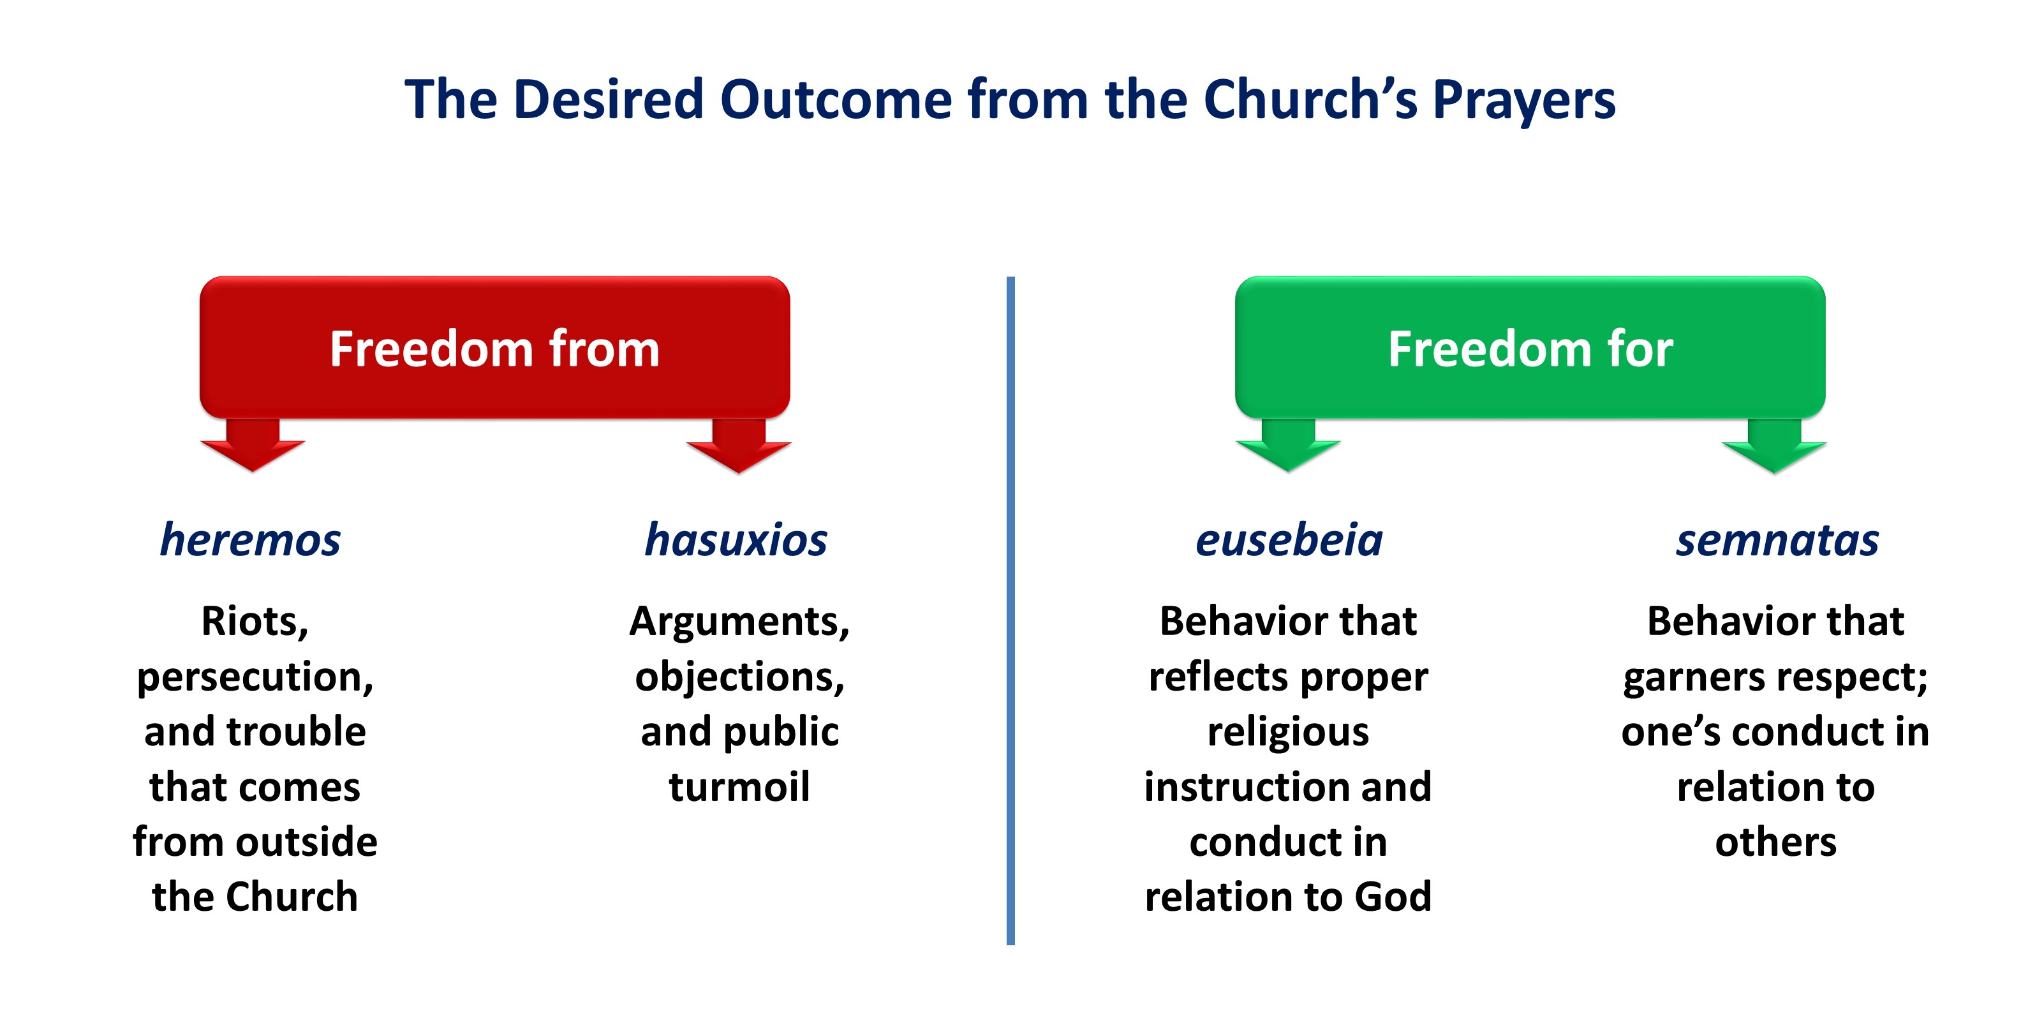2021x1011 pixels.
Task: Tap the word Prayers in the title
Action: click(x=1525, y=102)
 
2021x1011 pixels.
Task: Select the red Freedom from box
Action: click(x=494, y=347)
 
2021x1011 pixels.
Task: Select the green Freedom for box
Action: click(x=1530, y=347)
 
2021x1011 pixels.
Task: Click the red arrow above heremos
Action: click(x=252, y=445)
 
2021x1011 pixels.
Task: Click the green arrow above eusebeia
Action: click(x=1287, y=445)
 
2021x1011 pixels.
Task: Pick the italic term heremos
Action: click(x=250, y=540)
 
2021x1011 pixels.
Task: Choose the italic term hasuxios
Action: click(x=736, y=540)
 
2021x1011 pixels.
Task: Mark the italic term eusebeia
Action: click(x=1289, y=540)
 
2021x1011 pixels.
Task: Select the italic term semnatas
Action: click(x=1777, y=541)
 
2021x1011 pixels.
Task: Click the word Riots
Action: click(x=254, y=622)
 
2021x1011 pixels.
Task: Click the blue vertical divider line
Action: click(x=1010, y=611)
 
